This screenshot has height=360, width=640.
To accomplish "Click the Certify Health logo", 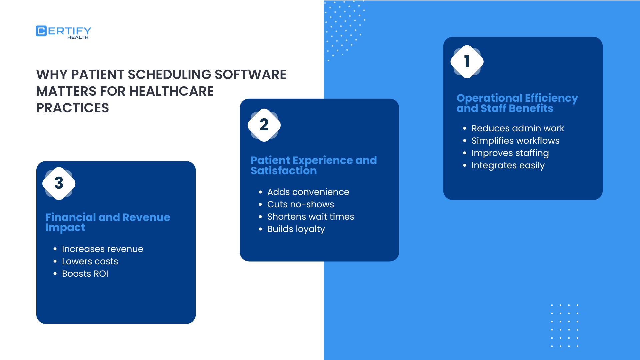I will coord(63,32).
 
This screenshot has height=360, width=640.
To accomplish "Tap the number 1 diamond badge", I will coord(467,62).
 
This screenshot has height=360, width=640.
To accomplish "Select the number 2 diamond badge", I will coord(264,125).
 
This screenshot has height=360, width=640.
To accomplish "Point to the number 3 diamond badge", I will coord(59,183).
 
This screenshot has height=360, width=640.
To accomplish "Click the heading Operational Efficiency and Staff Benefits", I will coord(517,103).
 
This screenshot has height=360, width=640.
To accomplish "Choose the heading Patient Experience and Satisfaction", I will coord(313,165).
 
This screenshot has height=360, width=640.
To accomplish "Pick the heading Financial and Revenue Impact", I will coord(107,222).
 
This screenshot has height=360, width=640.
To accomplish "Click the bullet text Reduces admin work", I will coord(517,128).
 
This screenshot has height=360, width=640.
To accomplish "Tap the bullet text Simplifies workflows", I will coord(515,141).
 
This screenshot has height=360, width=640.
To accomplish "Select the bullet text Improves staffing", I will coord(510,153).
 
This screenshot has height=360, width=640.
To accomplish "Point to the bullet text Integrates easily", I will coord(508,165).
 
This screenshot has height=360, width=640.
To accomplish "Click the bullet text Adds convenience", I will coord(308,192).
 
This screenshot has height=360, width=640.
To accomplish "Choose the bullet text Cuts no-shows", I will coord(300,204).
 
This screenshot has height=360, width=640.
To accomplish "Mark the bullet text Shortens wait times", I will coord(310,217).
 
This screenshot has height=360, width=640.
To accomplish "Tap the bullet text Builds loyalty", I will coord(296,229).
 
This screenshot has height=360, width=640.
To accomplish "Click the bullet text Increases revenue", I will coord(102,249).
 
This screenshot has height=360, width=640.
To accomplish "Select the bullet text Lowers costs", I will coord(90,261).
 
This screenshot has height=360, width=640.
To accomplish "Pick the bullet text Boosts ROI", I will coord(85,274).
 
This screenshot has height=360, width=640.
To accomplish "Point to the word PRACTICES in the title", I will coord(73,108).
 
